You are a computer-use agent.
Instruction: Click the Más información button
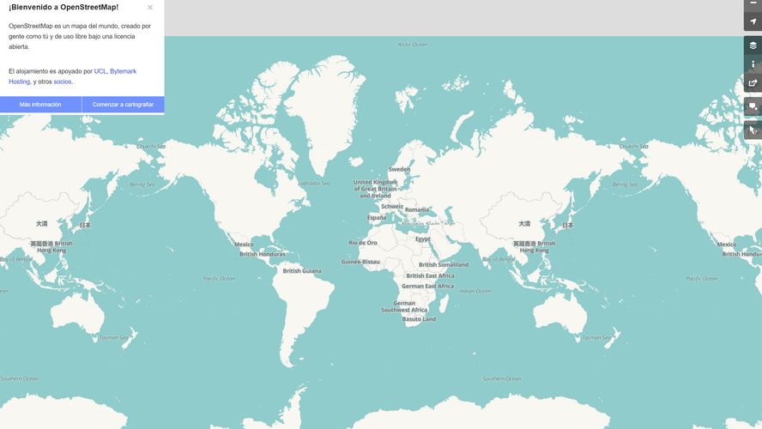(40, 105)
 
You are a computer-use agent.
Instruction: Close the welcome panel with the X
(150, 8)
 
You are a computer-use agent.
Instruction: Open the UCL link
(100, 71)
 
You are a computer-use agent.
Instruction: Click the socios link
(63, 82)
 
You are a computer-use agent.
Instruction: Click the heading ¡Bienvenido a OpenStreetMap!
(63, 7)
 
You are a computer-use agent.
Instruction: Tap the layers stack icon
(753, 45)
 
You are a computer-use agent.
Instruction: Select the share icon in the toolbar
(753, 83)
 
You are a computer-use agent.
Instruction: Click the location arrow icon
(753, 21)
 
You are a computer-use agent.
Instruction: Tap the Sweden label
(399, 169)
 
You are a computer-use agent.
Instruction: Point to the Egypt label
(423, 239)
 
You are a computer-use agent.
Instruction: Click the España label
(377, 218)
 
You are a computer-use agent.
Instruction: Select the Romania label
(417, 209)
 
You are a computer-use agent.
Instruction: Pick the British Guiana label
(302, 271)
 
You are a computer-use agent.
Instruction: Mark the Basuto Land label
(419, 319)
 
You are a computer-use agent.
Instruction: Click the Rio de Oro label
(363, 243)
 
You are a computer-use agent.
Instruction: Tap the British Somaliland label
(444, 265)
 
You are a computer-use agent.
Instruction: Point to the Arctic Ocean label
(413, 45)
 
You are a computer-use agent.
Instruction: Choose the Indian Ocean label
(475, 291)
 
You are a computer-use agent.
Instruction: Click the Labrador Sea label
(314, 184)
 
